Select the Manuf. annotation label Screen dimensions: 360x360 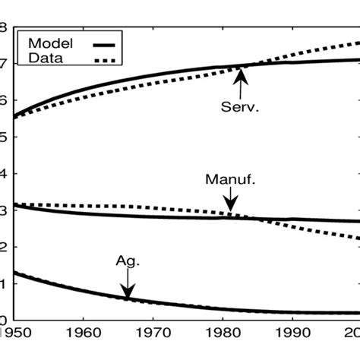coord(229,181)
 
